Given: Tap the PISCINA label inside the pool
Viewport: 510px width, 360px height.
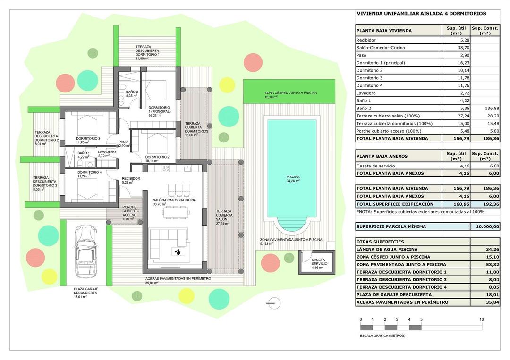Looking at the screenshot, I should coord(293,177).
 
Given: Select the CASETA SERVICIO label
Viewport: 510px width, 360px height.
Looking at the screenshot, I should coord(317,262).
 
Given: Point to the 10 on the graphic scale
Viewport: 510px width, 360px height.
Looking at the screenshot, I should coord(481,319).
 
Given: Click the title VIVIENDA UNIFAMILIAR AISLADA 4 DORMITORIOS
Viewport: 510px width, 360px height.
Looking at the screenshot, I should coord(421,14).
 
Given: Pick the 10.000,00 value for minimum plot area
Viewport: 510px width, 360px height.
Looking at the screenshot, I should coord(485,226).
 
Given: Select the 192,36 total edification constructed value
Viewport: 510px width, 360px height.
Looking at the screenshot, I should coord(485,204).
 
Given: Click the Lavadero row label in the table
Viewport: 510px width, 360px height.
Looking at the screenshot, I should coord(366,93).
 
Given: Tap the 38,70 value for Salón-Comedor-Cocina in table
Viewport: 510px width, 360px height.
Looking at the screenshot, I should coord(457,48).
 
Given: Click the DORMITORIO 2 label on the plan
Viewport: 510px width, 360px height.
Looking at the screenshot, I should coord(157,157).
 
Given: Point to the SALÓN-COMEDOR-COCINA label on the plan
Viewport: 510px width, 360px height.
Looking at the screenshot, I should coord(174,200).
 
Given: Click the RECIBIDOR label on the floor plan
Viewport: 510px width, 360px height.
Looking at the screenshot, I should coord(131,179).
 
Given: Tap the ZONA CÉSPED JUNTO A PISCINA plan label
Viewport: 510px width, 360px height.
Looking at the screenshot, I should coord(290,93).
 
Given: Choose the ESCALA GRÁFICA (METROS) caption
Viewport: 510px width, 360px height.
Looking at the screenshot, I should coord(382,335).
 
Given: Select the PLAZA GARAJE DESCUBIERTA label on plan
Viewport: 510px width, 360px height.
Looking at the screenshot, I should coord(85,291).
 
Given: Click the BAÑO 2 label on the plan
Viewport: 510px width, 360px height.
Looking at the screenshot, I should coord(132,92).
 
